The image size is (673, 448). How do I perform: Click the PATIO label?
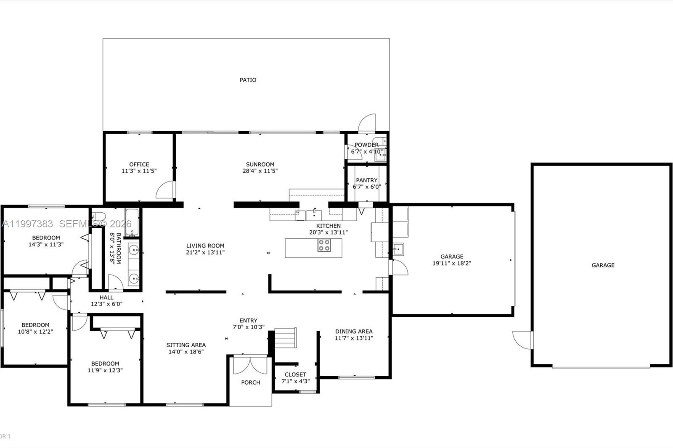tap(248, 80)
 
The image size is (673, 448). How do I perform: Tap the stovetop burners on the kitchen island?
tap(324, 245)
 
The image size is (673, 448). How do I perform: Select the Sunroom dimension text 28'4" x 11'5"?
tap(260, 171)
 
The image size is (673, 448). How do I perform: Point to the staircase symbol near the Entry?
tap(286, 337)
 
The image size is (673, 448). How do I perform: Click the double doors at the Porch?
tap(250, 365)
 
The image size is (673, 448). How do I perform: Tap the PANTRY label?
tap(366, 180)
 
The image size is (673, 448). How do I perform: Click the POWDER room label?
tap(366, 145)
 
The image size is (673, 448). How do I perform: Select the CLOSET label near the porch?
tap(295, 374)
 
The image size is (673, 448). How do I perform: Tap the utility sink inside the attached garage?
tap(398, 249)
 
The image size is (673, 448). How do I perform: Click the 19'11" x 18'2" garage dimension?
tap(452, 264)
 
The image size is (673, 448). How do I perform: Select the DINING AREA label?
tap(354, 331)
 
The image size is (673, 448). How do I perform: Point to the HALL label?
tap(106, 297)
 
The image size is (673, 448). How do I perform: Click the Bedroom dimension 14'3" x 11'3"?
tap(46, 244)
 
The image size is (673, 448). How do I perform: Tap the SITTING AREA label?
tap(186, 345)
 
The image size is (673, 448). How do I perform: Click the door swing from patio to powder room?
tap(366, 123)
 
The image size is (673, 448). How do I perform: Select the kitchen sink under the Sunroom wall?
tap(314, 215)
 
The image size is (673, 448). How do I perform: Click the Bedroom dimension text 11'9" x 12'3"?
tap(105, 370)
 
